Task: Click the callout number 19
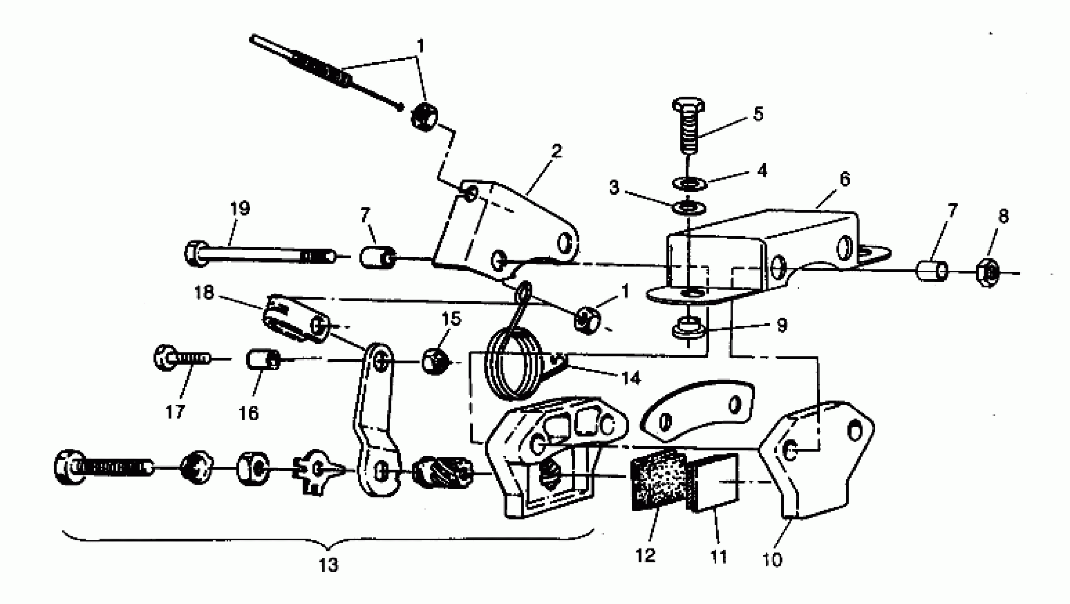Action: (240, 209)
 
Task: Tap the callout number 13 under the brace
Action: (328, 565)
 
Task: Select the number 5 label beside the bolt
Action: (759, 113)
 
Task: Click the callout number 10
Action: (772, 560)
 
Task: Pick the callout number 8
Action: (1003, 216)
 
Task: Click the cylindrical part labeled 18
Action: (296, 318)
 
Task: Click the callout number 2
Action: (557, 150)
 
